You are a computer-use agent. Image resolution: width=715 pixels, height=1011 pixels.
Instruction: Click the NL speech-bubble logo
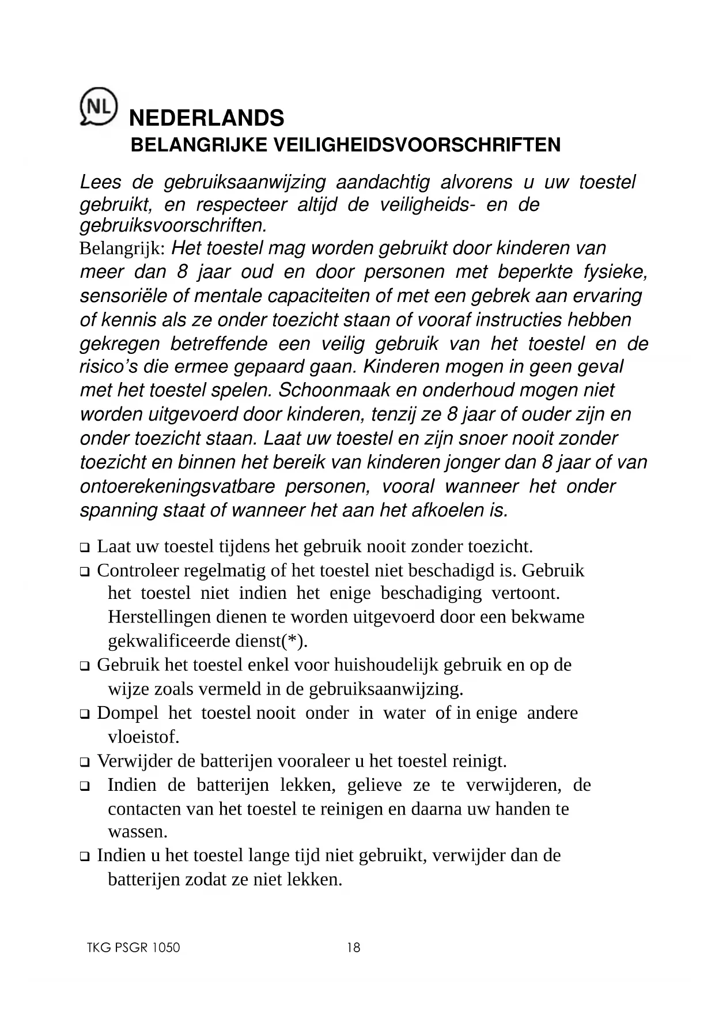click(x=98, y=106)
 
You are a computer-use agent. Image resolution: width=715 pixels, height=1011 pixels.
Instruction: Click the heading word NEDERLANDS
click(x=206, y=118)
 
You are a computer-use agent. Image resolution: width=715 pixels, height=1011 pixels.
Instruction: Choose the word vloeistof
click(x=144, y=737)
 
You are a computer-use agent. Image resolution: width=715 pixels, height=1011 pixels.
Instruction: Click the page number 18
click(x=354, y=948)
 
